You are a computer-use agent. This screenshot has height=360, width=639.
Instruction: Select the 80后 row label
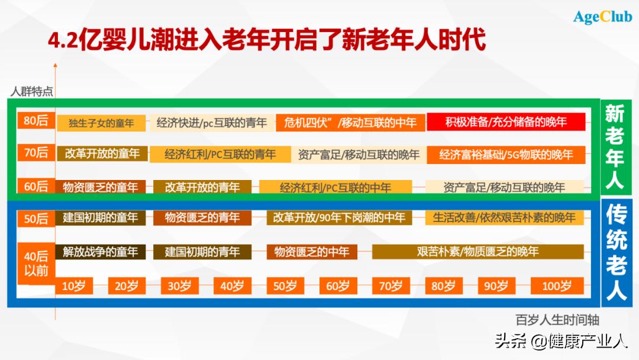pos(35,121)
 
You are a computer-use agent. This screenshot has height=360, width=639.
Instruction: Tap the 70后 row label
pos(35,153)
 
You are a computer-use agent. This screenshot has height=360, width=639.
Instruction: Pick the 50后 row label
pos(35,218)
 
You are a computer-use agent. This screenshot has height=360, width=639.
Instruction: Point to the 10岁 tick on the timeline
pos(73,287)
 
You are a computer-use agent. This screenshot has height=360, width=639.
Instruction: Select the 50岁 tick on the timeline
pos(284,287)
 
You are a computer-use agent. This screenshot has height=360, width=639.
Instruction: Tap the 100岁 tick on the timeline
pos(557,287)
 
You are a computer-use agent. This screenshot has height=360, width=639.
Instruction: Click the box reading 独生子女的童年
pos(101,123)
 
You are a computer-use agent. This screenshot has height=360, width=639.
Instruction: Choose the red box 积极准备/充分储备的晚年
pos(506,122)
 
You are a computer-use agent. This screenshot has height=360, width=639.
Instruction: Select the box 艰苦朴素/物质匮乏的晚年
pos(477,251)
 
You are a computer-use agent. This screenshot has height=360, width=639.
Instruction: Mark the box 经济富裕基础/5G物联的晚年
pos(506,155)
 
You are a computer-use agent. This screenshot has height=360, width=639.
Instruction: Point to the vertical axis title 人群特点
pos(32,91)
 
